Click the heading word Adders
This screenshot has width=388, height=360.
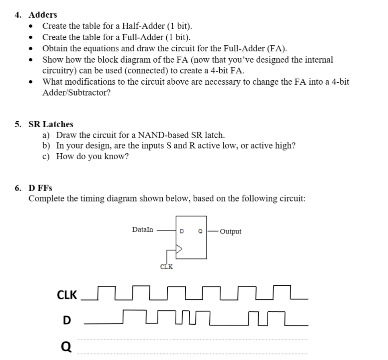(43, 15)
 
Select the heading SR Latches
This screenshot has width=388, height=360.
(51, 124)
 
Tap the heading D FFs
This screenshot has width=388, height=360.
(40, 188)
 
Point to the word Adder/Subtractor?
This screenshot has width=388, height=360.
(76, 93)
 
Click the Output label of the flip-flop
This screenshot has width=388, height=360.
(231, 232)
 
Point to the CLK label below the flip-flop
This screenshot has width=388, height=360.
(166, 266)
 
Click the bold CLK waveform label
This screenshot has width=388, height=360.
(67, 295)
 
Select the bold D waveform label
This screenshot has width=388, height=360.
(67, 320)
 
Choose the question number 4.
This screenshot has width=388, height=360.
(18, 15)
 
